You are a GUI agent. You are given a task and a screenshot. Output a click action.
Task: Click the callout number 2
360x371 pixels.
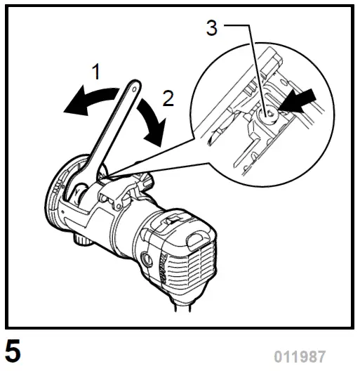tap(168, 98)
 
